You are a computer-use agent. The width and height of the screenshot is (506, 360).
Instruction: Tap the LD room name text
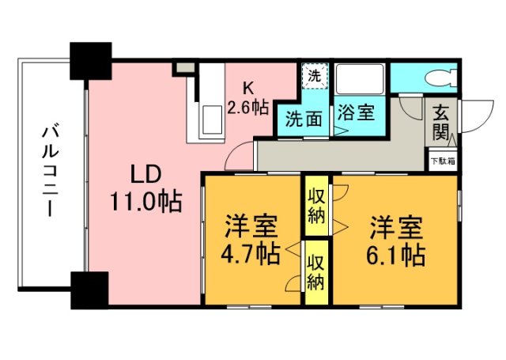coord(148,173)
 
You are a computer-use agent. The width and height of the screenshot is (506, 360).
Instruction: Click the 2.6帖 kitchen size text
coord(247,107)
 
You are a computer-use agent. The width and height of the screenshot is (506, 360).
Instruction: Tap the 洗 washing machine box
coord(314,78)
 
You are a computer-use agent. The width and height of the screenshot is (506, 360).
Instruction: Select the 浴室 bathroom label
coord(354,112)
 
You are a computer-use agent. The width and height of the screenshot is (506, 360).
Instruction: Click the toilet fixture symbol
coord(440,78)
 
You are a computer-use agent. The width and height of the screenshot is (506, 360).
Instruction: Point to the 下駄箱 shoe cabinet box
coord(440,161)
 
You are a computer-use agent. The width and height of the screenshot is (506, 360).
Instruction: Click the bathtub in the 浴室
coord(360,80)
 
